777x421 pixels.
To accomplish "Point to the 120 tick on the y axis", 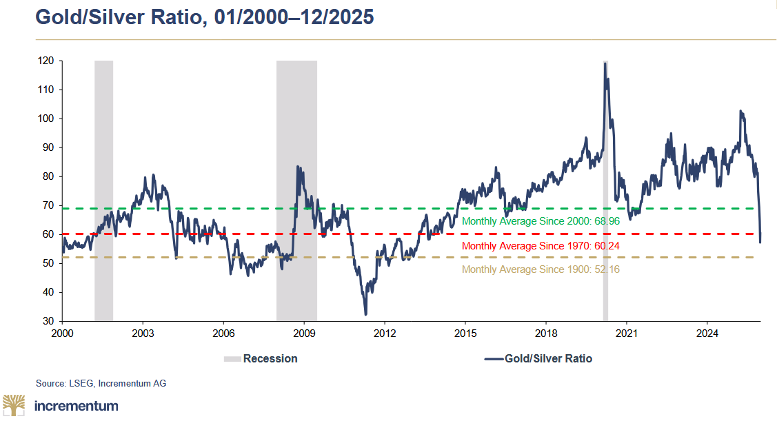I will point(46,61).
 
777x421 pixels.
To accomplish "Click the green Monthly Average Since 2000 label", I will point(541,222).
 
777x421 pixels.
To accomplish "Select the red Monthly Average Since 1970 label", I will point(541,246).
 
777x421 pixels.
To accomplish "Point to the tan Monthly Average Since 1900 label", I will point(541,269).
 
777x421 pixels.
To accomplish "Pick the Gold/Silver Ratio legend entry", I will point(538,358).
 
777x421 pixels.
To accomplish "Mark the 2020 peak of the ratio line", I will point(605,63).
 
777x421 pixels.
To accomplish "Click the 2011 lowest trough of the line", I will point(365,314).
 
